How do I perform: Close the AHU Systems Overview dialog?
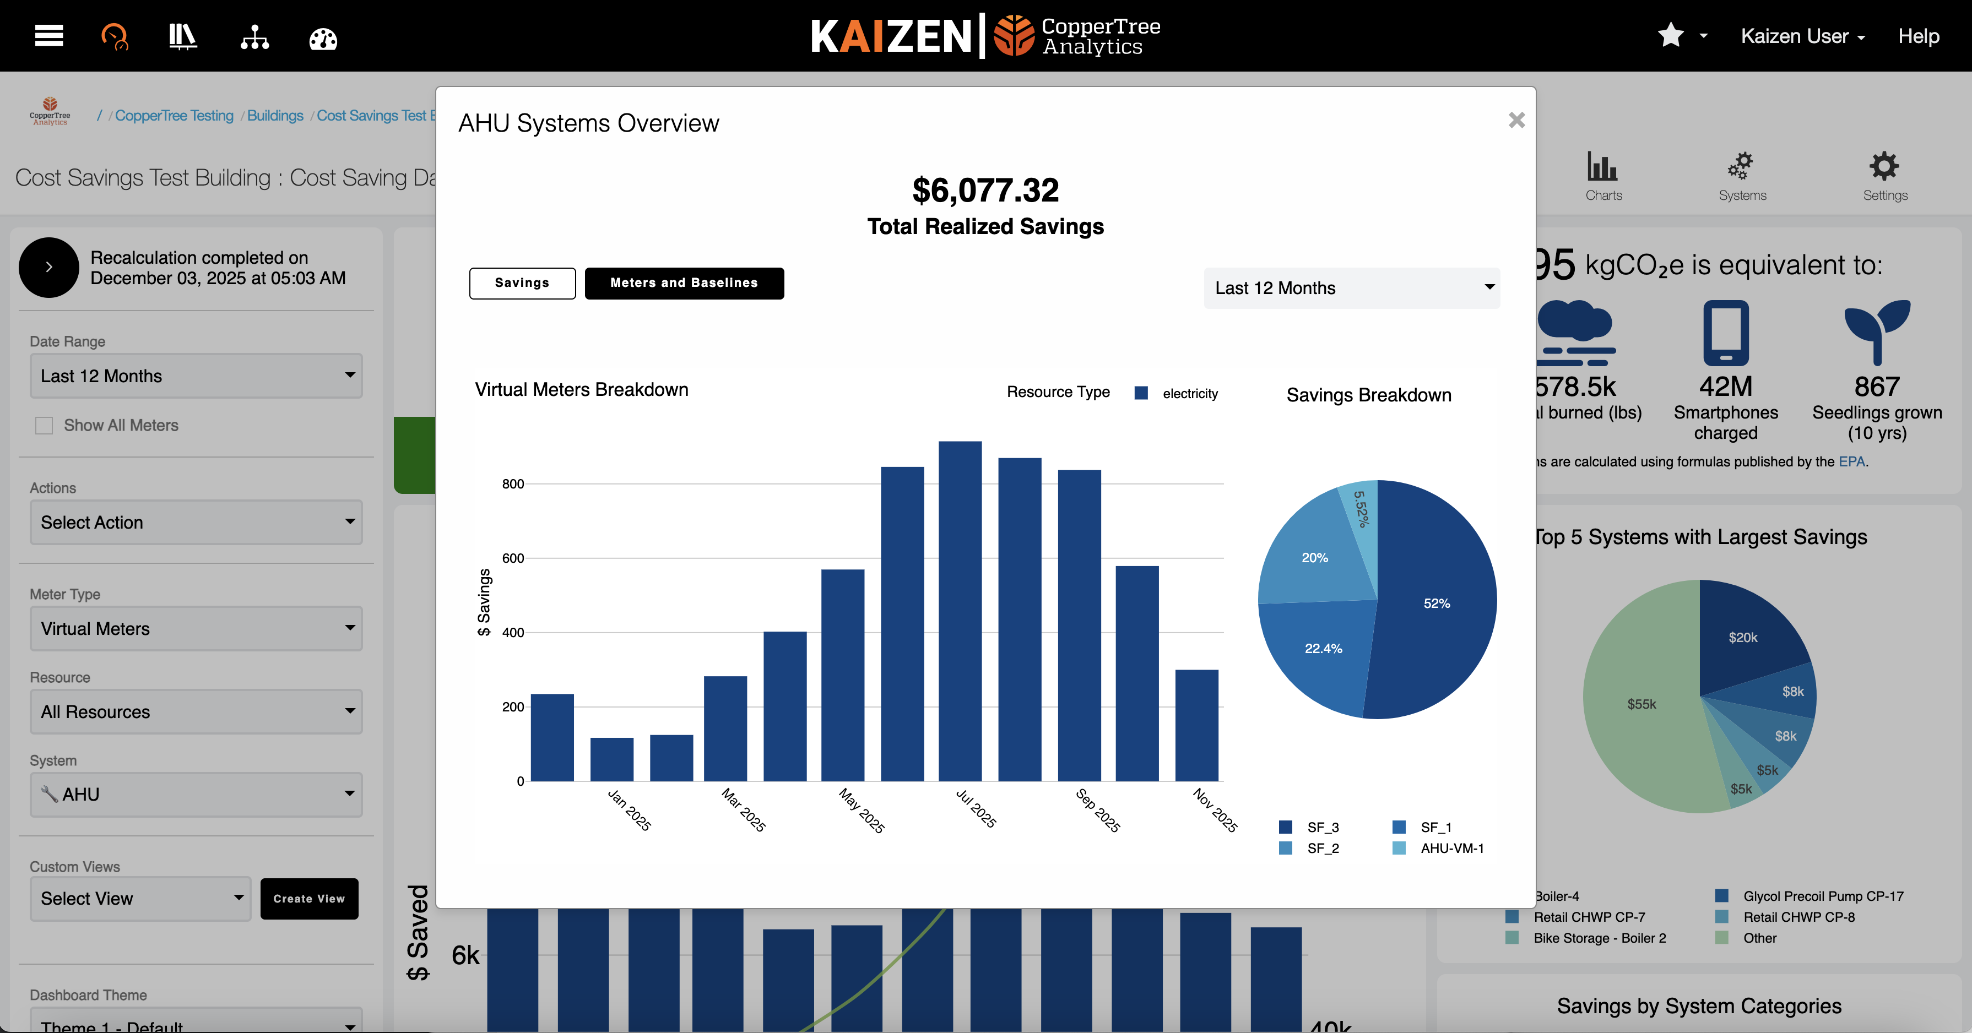click(x=1516, y=120)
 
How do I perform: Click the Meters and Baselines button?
click(x=684, y=283)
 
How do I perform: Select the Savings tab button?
click(x=522, y=283)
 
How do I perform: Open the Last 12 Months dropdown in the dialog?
click(x=1351, y=289)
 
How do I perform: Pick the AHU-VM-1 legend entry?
click(x=1451, y=849)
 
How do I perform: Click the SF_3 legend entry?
click(x=1322, y=827)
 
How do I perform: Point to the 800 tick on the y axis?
click(x=513, y=483)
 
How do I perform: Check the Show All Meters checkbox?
click(x=45, y=426)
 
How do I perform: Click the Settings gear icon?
click(x=1884, y=167)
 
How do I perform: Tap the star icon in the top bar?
click(x=1670, y=35)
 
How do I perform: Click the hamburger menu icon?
click(x=49, y=35)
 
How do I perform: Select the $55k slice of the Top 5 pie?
click(x=1642, y=704)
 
